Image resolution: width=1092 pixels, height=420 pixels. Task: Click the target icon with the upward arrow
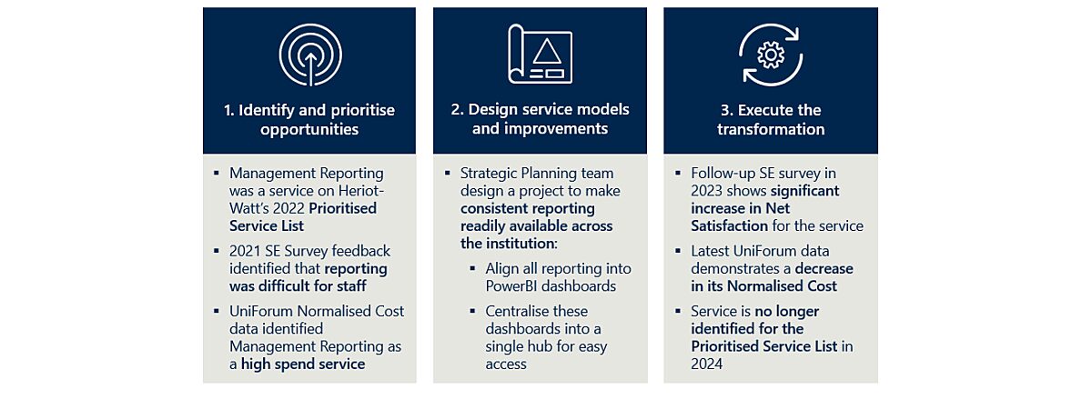coord(309,55)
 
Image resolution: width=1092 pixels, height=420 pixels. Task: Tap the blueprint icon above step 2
coord(540,55)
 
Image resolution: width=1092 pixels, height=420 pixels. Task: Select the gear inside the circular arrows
coord(771,55)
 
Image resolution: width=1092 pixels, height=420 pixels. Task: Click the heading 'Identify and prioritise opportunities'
coord(309,119)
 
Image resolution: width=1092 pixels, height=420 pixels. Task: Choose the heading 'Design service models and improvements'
coord(540,119)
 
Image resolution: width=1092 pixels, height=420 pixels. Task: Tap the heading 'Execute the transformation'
coord(771,119)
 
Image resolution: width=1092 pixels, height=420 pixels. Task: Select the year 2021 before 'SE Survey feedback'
coord(246,250)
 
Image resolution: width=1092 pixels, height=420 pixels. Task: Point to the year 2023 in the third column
coord(707,191)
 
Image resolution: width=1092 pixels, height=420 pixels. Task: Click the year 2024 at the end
coord(707,364)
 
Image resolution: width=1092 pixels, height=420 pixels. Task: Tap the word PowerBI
coord(500,285)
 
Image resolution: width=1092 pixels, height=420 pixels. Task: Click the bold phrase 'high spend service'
coord(303,364)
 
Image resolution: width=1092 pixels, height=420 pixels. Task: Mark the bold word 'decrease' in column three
coord(824,268)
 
